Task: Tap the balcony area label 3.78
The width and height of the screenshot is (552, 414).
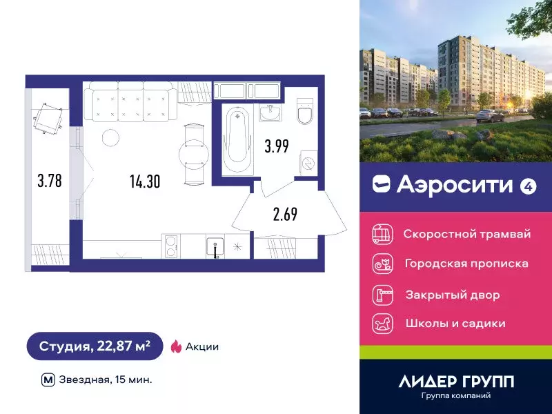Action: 49,181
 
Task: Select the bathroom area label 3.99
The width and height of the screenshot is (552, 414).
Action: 276,146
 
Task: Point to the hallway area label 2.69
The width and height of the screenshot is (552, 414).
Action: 285,213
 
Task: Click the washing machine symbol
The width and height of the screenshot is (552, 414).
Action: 308,163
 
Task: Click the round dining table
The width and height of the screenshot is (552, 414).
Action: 192,152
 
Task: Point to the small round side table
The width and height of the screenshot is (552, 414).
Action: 110,137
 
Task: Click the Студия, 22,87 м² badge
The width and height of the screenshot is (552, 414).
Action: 95,346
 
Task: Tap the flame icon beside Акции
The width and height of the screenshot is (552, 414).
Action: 176,346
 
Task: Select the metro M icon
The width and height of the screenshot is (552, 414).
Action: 48,379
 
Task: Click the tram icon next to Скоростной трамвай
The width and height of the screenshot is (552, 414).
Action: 382,233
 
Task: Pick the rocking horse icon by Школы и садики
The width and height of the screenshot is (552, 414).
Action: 382,323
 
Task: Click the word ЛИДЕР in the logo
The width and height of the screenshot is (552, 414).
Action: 422,382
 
